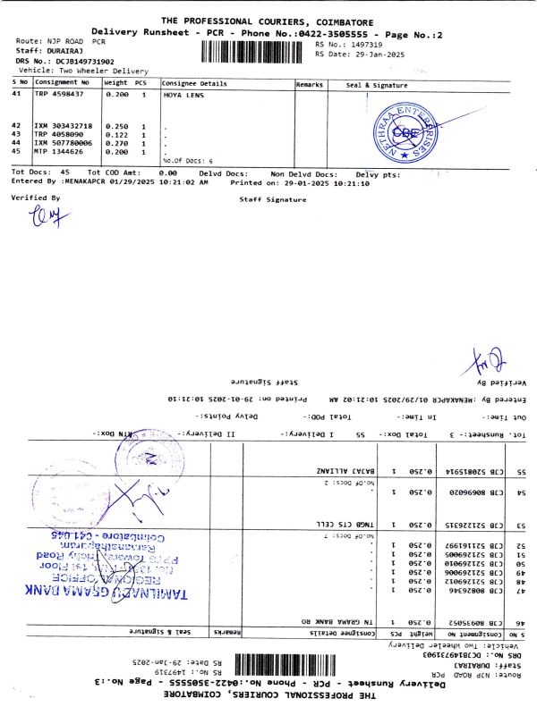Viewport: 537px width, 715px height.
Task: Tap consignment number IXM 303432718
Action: pyautogui.click(x=63, y=126)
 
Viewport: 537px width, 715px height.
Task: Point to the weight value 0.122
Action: pyautogui.click(x=116, y=134)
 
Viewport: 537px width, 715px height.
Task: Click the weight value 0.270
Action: pyautogui.click(x=116, y=143)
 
